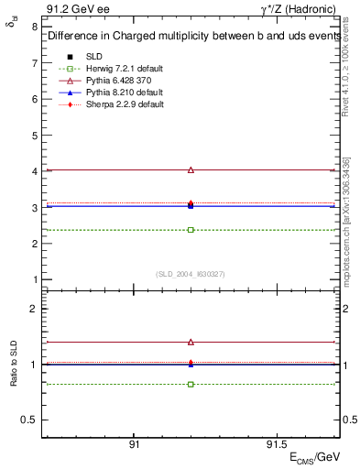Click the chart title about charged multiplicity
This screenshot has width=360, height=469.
[185, 37]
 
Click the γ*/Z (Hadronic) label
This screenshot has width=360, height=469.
[300, 8]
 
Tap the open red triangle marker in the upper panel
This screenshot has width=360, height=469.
[191, 169]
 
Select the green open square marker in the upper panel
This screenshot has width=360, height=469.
[191, 229]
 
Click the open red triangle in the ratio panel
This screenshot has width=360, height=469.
[191, 342]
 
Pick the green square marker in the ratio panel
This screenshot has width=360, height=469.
[191, 384]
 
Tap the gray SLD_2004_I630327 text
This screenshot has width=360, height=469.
[191, 273]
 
